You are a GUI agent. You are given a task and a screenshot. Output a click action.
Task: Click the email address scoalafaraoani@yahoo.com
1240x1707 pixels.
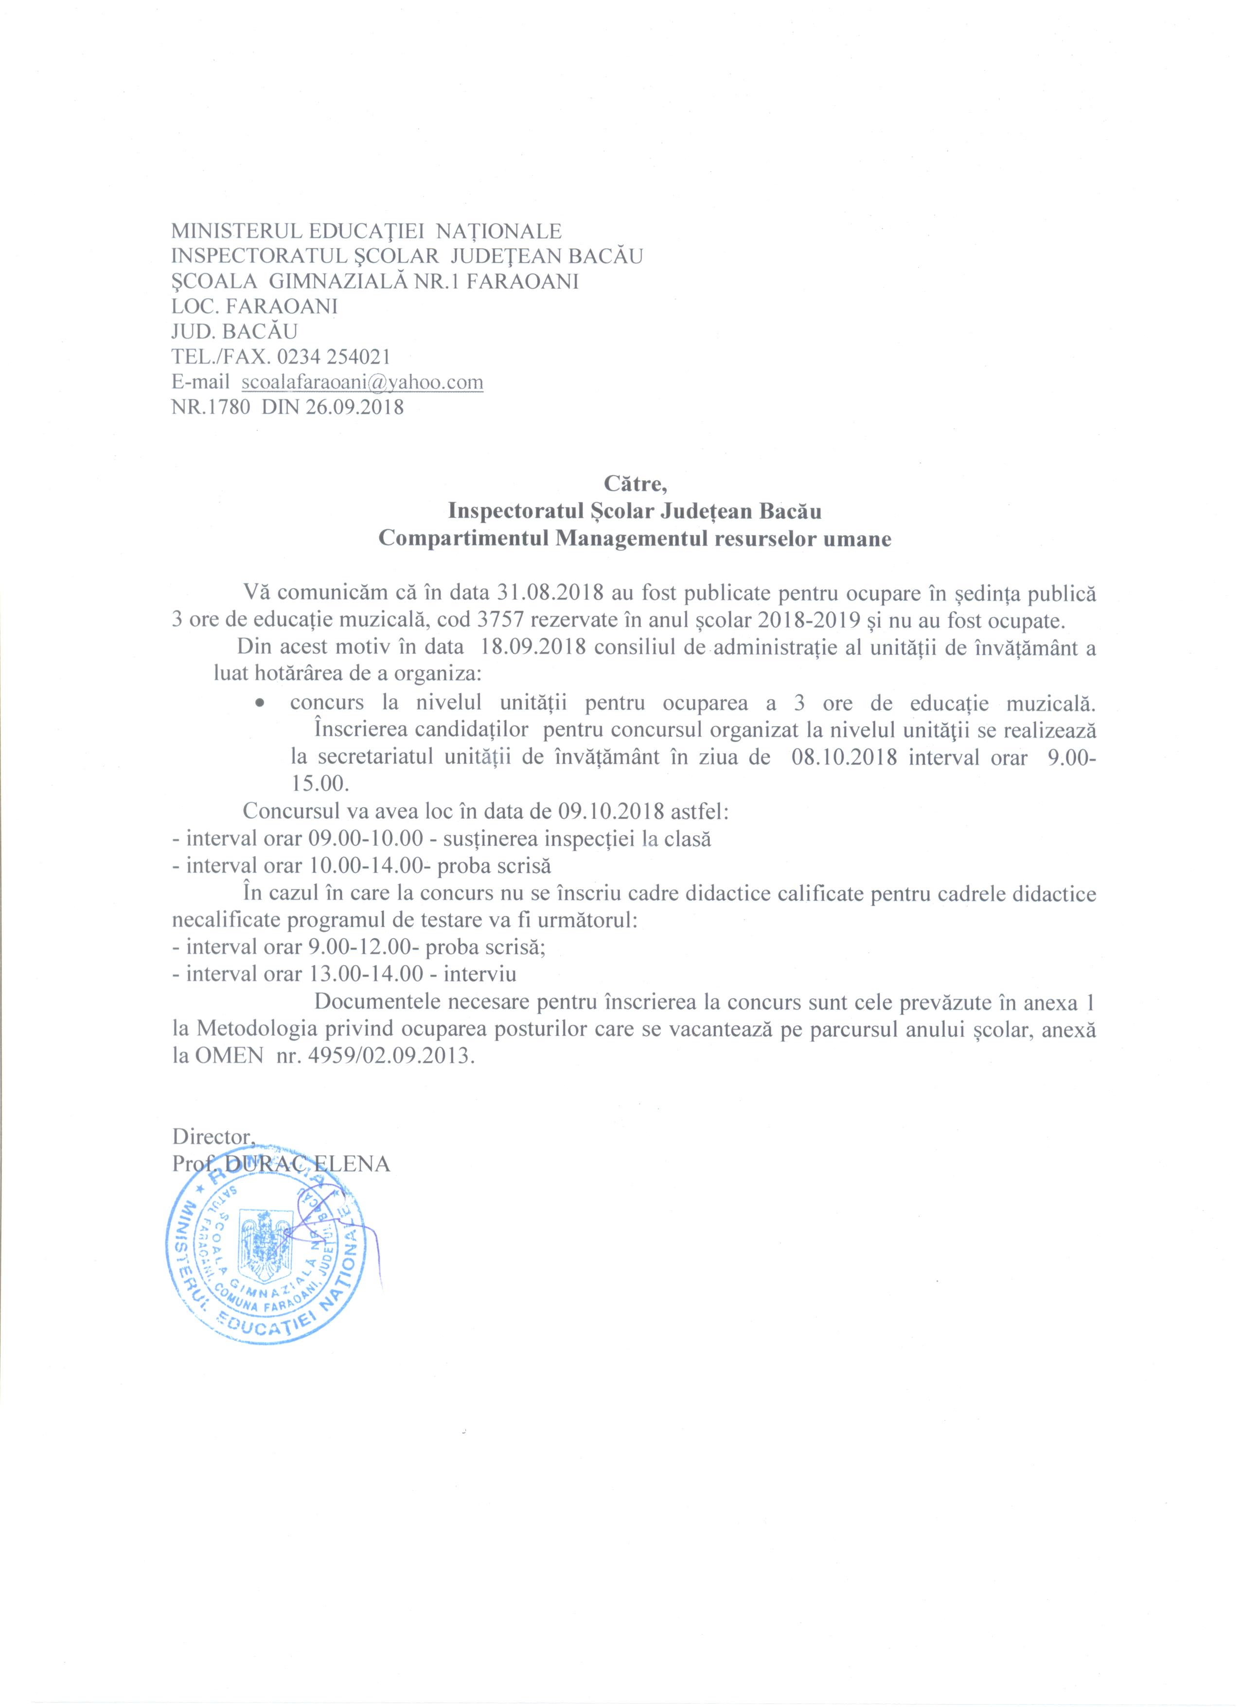tap(362, 382)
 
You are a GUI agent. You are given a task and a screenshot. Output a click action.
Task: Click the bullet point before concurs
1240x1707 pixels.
tap(259, 704)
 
